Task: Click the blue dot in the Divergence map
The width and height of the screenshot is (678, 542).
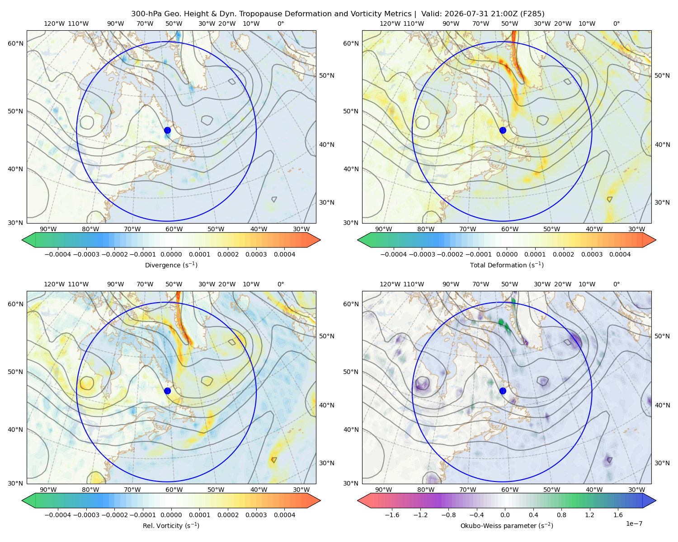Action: point(167,131)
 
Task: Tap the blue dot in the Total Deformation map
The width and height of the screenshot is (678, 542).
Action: point(503,131)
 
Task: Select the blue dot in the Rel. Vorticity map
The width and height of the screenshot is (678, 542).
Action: point(167,391)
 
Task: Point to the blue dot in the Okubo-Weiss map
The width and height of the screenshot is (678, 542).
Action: point(503,391)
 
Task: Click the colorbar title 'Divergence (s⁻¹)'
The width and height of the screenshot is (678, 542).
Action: point(171,265)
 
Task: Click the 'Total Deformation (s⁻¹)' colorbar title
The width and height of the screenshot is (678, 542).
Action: point(507,265)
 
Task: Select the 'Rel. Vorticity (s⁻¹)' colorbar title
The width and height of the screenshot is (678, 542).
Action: point(171,525)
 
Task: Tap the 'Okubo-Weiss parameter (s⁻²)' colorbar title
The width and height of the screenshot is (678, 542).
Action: point(507,525)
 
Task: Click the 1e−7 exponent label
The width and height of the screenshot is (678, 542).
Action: point(634,523)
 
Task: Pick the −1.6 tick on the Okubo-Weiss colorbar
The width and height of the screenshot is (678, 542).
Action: point(392,514)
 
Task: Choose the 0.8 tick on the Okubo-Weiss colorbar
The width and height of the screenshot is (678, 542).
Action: point(561,514)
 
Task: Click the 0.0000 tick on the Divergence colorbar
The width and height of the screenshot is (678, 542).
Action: point(171,254)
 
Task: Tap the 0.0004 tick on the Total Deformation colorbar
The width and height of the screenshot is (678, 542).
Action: point(620,254)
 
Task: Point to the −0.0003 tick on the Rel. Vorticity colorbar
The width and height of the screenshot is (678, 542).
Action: point(86,514)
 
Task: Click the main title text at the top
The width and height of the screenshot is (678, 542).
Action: point(338,14)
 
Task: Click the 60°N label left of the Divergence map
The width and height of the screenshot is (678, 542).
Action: point(15,43)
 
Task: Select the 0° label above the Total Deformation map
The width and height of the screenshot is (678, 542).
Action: point(616,23)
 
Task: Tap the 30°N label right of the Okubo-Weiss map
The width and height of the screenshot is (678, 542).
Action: point(662,463)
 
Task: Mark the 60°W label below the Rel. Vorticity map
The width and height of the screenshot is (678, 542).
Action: point(174,490)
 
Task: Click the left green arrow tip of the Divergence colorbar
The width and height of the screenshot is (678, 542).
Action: point(22,240)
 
